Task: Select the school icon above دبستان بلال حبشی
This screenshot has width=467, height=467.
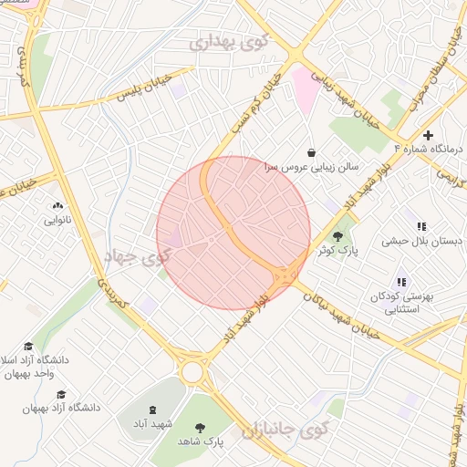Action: pos(421,226)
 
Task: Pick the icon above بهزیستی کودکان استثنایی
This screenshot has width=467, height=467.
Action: pos(401,282)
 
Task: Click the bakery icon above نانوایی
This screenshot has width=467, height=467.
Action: pos(58,206)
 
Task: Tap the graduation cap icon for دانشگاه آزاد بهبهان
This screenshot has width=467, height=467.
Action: pos(61,394)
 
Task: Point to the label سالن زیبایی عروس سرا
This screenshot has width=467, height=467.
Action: pos(312,168)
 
